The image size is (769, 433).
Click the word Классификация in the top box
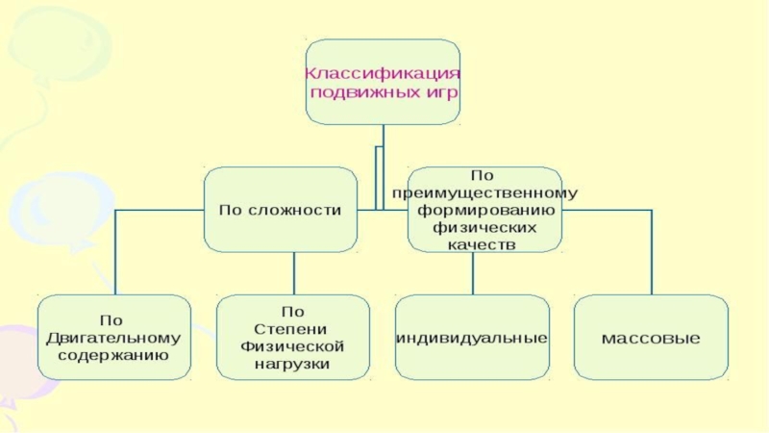click(383, 73)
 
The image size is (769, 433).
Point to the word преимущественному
click(484, 192)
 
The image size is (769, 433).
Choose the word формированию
click(484, 210)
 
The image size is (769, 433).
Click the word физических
click(484, 227)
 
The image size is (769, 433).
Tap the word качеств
click(483, 244)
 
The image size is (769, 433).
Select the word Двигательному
click(113, 338)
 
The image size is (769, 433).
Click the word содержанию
click(113, 355)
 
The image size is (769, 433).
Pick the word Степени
click(292, 328)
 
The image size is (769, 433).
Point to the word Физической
click(292, 345)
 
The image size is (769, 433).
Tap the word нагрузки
click(292, 364)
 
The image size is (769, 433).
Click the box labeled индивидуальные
click(472, 338)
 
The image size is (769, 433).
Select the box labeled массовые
click(651, 338)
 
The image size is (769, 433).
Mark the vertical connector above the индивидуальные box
click(472, 273)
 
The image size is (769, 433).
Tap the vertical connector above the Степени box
click(292, 273)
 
